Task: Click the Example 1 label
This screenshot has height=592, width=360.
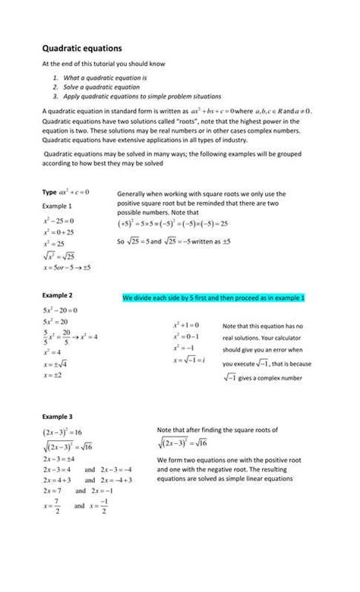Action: click(57, 206)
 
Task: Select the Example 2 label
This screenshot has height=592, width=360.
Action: click(57, 294)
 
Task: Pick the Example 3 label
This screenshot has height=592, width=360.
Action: click(57, 417)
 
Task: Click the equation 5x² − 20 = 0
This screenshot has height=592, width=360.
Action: click(61, 310)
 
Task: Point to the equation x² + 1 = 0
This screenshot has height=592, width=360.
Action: click(186, 325)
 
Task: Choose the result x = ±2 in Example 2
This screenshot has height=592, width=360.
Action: click(52, 375)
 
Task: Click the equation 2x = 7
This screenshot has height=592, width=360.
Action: click(55, 490)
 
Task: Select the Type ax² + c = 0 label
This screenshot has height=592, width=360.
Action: click(66, 192)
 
